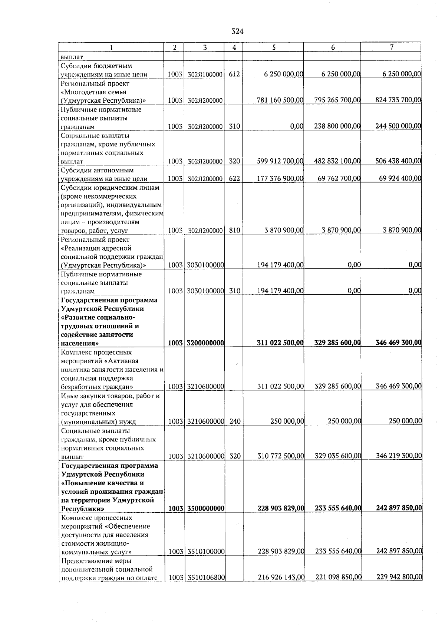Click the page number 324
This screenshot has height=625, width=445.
click(237, 32)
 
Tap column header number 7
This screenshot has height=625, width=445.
click(392, 47)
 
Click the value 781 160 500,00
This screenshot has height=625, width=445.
click(280, 100)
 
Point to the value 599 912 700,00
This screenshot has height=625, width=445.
click(280, 161)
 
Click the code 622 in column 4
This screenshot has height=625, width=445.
click(234, 179)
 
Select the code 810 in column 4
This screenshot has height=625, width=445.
click(234, 230)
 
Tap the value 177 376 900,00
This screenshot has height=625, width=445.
click(280, 179)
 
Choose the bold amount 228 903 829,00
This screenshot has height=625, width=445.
click(281, 508)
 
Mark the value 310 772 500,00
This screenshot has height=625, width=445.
click(281, 456)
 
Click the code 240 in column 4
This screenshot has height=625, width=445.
click(235, 421)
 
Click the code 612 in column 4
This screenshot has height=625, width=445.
click(234, 74)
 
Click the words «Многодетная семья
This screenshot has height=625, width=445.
click(93, 92)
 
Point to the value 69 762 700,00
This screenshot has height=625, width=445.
click(339, 179)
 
